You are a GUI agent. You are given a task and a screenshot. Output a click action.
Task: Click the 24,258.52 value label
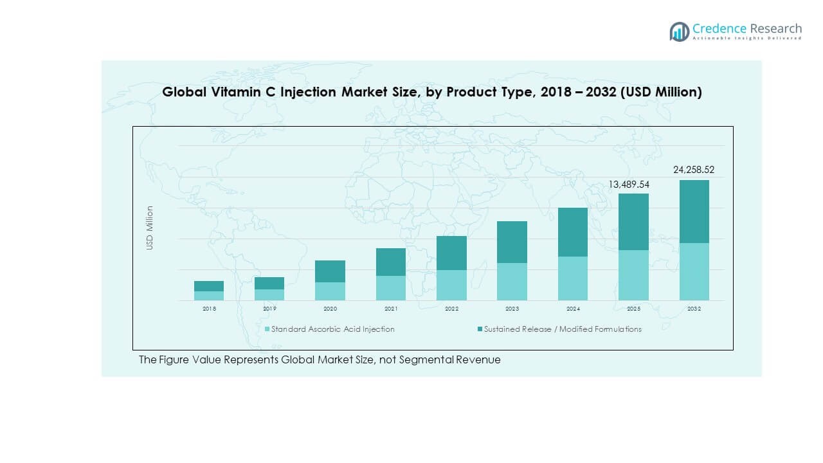[694, 170]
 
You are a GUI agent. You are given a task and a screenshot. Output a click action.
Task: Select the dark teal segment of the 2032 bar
[694, 212]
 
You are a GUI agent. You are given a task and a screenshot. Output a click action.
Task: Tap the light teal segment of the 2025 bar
[633, 275]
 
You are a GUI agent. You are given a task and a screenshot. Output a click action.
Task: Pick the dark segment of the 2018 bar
[209, 286]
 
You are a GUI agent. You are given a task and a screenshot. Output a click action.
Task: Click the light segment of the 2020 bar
[330, 291]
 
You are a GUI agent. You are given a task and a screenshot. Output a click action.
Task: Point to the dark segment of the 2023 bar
[512, 242]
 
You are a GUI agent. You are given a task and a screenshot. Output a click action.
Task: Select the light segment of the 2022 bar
[451, 285]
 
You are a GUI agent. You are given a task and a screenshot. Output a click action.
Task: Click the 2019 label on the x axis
[269, 309]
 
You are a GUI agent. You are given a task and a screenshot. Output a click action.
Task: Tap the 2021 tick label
[391, 309]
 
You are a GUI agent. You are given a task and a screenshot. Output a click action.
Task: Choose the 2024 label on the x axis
[573, 309]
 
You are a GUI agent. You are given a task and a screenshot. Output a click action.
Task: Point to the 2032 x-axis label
[694, 309]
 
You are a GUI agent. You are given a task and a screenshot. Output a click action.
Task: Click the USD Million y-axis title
[150, 228]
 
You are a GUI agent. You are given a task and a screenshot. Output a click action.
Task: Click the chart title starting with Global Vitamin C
[431, 92]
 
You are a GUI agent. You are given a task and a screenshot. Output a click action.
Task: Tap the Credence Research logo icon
[679, 32]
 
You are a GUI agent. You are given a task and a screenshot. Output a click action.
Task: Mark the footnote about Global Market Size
[320, 360]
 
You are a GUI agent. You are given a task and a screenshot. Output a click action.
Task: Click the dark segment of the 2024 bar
[573, 232]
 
